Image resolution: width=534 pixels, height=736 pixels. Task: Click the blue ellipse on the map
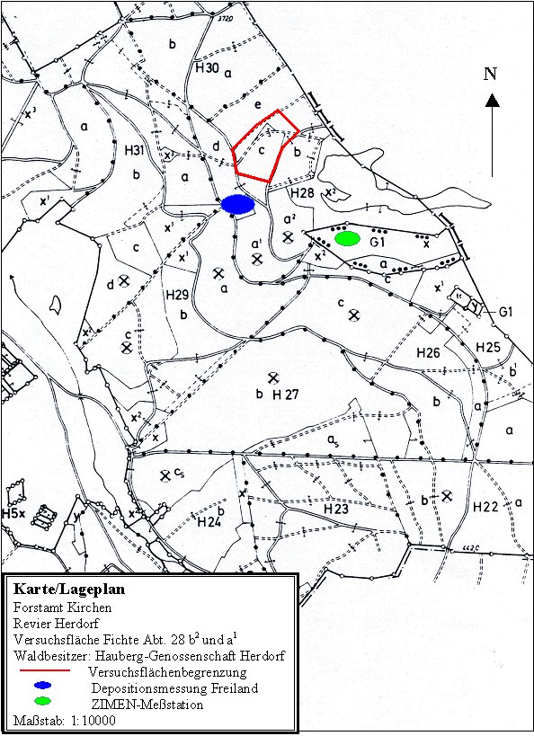[x=238, y=205]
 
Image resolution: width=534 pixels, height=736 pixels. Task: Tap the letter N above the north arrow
[x=491, y=74]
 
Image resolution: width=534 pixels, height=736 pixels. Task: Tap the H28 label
[x=302, y=192]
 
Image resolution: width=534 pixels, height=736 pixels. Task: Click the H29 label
[x=178, y=294]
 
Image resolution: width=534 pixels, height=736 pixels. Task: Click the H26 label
[x=428, y=353]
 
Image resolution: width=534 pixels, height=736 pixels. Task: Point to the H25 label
[x=488, y=347]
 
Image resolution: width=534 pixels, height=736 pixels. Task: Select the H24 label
[x=209, y=521]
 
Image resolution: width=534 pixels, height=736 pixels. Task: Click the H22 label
[x=485, y=508]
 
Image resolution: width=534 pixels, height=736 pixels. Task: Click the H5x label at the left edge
[x=13, y=514]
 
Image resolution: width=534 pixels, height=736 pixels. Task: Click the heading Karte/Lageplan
[x=68, y=590]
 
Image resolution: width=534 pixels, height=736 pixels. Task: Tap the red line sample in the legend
[x=42, y=670]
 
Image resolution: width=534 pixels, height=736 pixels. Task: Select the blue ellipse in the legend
[x=41, y=687]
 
